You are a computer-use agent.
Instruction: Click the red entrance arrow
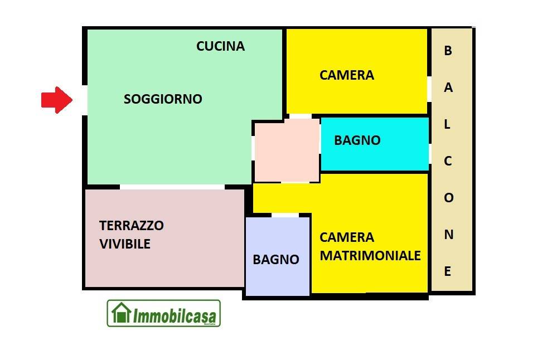click(57, 100)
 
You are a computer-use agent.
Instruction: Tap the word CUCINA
click(220, 46)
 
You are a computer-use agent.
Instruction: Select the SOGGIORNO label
click(163, 99)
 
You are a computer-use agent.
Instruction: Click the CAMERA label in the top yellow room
click(346, 75)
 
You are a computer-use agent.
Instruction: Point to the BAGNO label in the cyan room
click(357, 140)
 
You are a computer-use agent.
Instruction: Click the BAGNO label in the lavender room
click(275, 259)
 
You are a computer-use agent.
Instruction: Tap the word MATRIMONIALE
click(370, 256)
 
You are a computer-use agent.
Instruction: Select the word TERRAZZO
click(132, 226)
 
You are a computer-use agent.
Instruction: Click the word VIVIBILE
click(125, 244)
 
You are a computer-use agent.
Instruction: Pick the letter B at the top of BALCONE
click(448, 51)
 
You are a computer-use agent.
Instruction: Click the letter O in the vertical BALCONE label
click(448, 198)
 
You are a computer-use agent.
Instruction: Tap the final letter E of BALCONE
click(448, 272)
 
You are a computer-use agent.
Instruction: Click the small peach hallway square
click(287, 150)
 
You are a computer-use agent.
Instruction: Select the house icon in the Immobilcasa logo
click(121, 313)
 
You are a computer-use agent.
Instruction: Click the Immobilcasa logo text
click(175, 316)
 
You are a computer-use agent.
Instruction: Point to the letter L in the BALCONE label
click(447, 125)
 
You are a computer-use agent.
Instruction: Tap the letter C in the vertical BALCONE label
click(448, 162)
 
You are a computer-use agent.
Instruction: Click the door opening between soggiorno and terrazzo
click(172, 187)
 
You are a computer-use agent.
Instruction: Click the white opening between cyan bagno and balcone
click(430, 154)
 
